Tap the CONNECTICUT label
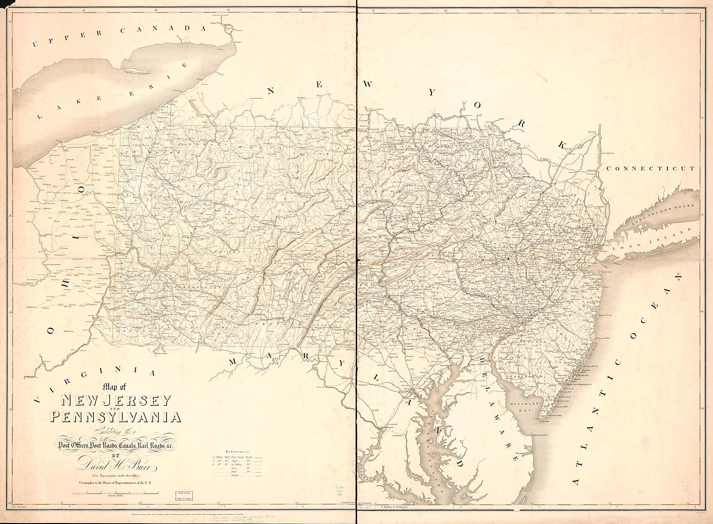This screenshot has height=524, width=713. (650, 168)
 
